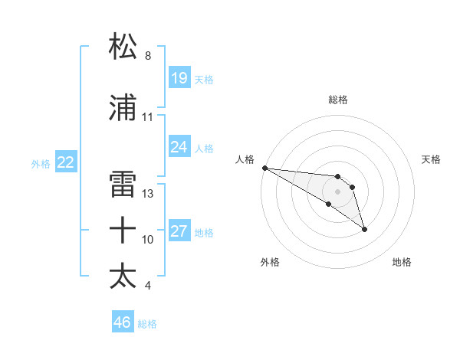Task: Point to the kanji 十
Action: pyautogui.click(x=123, y=229)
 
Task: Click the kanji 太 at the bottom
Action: pyautogui.click(x=123, y=275)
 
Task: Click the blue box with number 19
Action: pyautogui.click(x=179, y=78)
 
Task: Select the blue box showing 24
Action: pyautogui.click(x=179, y=147)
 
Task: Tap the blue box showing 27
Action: pyautogui.click(x=179, y=231)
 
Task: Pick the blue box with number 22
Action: pyautogui.click(x=65, y=162)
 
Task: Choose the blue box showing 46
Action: pyautogui.click(x=122, y=322)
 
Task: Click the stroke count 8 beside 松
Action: pyautogui.click(x=148, y=56)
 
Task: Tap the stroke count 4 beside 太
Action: pyautogui.click(x=148, y=286)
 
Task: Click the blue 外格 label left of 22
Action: pyautogui.click(x=40, y=163)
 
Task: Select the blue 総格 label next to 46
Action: pyautogui.click(x=147, y=324)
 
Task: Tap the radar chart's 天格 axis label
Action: pyautogui.click(x=432, y=159)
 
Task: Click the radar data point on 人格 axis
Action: pyautogui.click(x=264, y=168)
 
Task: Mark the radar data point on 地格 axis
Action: pyautogui.click(x=364, y=229)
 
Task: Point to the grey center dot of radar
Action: pyautogui.click(x=337, y=191)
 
